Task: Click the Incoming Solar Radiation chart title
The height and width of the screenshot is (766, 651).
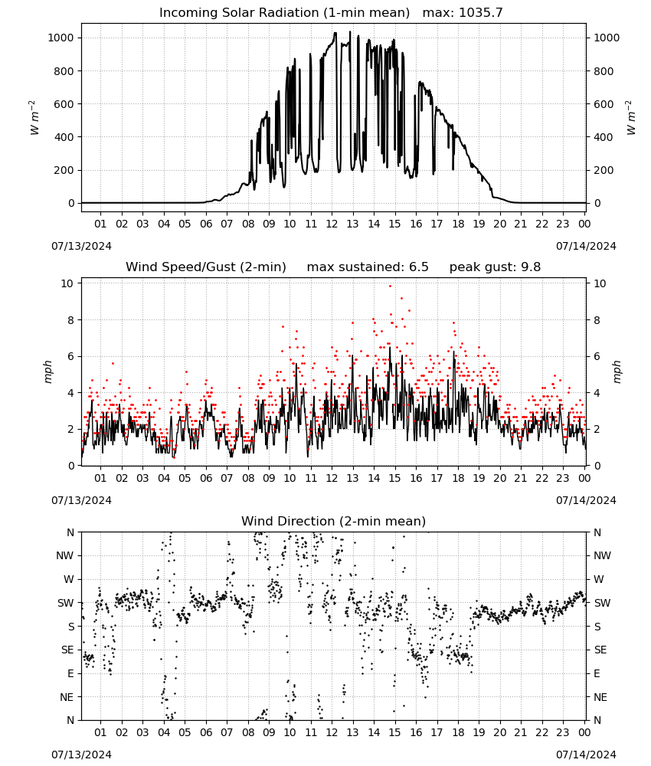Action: point(284,13)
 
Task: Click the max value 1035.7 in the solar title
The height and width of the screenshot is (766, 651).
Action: point(481,13)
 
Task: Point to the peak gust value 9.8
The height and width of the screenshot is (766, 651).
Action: point(530,267)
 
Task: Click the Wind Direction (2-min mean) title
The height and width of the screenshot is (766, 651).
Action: point(334,521)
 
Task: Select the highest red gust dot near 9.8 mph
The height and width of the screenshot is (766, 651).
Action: point(390,286)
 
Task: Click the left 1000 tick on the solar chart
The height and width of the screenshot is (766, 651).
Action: point(61,38)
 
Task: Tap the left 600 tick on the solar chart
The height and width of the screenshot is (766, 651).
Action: point(64,104)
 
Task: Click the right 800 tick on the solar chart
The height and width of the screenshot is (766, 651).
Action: point(604,71)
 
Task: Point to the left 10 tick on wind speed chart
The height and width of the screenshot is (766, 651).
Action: point(67,283)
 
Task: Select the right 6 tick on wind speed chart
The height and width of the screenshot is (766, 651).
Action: point(597,357)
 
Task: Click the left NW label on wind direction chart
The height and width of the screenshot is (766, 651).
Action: point(65,556)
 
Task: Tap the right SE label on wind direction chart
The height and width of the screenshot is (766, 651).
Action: point(600,650)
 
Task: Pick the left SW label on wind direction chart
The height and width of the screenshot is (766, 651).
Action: point(66,603)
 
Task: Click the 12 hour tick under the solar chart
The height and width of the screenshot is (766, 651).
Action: point(332,224)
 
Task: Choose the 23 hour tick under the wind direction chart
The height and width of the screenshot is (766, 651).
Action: point(563,732)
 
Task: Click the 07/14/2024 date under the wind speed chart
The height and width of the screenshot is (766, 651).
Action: point(586,500)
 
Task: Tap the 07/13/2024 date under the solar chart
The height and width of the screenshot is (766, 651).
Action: point(81,246)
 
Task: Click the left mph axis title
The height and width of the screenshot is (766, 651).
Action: point(47,372)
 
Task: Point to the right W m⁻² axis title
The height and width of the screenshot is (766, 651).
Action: point(630,117)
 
